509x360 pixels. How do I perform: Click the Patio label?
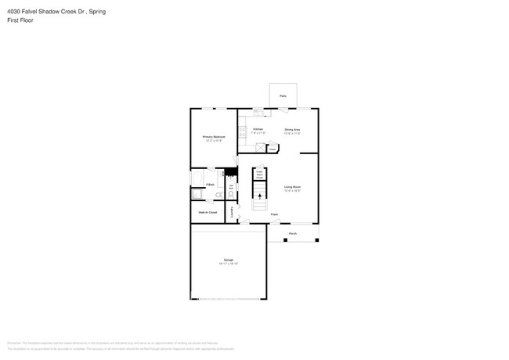(x=283, y=96)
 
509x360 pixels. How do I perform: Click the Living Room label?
(x=292, y=187)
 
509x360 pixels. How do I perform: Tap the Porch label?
(x=293, y=233)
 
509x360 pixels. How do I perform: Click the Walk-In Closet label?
(x=208, y=212)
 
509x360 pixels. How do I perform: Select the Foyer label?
(x=274, y=214)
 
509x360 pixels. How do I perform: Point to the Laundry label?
(x=232, y=211)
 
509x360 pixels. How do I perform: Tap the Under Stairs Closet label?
(x=259, y=175)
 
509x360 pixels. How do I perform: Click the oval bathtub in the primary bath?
(x=197, y=195)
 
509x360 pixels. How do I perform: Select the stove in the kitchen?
(x=243, y=131)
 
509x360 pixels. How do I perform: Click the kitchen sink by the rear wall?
(x=258, y=113)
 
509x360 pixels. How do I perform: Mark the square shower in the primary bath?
(x=197, y=178)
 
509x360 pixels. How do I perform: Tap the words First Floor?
(x=20, y=20)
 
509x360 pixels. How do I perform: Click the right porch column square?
(x=316, y=240)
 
